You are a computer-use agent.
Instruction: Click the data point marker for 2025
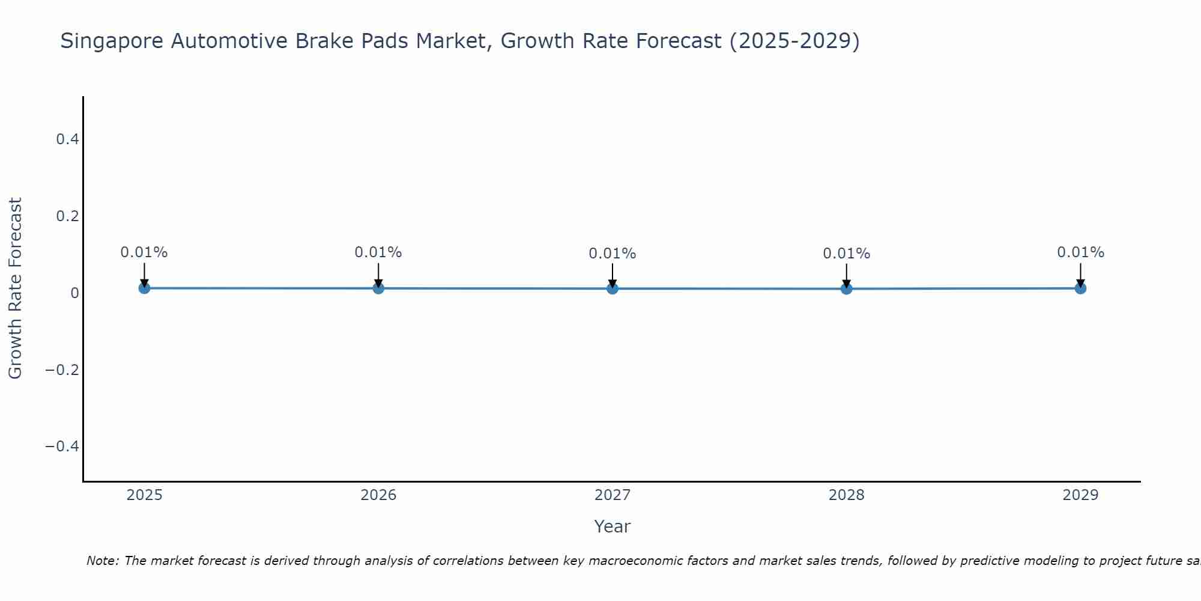tap(144, 288)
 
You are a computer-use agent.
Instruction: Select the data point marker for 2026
tap(378, 288)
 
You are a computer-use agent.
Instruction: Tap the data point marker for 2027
tap(613, 288)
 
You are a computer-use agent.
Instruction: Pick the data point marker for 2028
tap(846, 288)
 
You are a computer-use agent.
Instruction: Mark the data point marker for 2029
tap(1080, 288)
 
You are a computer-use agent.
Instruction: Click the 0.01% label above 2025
tap(144, 252)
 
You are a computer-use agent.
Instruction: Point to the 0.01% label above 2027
tap(613, 254)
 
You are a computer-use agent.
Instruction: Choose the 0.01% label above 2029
tap(1080, 252)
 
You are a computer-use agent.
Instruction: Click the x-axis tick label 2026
tap(378, 495)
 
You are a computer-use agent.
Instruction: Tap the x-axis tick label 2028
tap(846, 495)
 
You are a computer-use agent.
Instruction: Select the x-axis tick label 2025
tap(145, 495)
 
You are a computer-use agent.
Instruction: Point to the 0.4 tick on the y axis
tap(67, 139)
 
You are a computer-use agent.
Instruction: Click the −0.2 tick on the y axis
tap(62, 370)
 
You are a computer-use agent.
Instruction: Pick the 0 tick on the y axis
tap(74, 293)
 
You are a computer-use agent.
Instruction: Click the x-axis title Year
tap(612, 526)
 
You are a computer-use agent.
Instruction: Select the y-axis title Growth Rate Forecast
tap(15, 288)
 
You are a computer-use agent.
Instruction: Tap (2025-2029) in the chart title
tap(794, 41)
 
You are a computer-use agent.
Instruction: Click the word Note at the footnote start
tap(103, 561)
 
